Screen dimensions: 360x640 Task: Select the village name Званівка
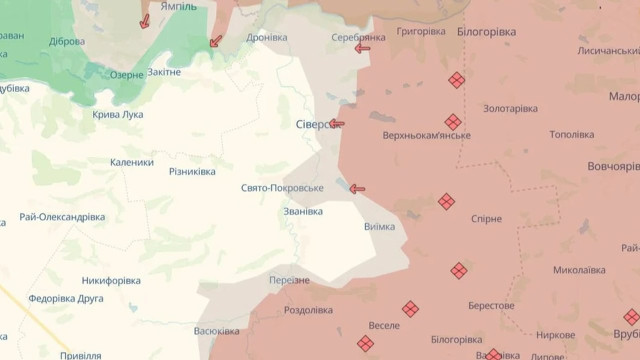[x=303, y=211]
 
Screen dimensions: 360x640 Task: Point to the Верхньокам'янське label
[x=426, y=136]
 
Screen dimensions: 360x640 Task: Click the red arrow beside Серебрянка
[x=362, y=48]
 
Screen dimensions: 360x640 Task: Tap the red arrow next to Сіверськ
[x=337, y=124]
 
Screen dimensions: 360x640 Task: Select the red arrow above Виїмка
[x=357, y=188]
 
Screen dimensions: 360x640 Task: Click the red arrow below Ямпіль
[x=145, y=21]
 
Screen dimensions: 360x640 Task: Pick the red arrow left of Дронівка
[x=215, y=41]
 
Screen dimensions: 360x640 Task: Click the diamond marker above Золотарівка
[x=456, y=80]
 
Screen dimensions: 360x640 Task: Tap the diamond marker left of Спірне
[x=446, y=202]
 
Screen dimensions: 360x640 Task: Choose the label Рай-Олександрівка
[x=62, y=217]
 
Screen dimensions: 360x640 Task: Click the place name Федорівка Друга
[x=67, y=298]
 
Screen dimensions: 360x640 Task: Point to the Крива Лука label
[x=117, y=114]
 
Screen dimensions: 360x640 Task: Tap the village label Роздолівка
[x=308, y=310]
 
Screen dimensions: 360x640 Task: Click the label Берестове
[x=490, y=306]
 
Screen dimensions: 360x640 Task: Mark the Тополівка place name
[x=571, y=135]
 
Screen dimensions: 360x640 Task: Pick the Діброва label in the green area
[x=67, y=42]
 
